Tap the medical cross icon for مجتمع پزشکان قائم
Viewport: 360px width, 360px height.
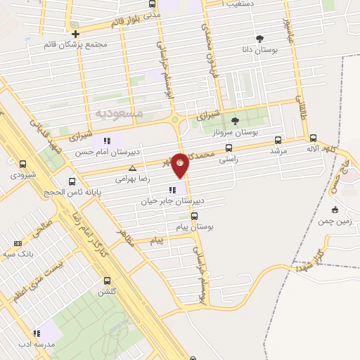[75, 33]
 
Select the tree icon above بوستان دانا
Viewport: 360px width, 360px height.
[261, 39]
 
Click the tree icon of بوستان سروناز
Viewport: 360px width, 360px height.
[235, 120]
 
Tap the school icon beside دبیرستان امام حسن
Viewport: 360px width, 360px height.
[106, 141]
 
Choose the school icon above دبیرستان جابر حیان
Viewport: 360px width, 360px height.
[172, 190]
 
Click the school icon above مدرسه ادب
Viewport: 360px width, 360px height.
[35, 333]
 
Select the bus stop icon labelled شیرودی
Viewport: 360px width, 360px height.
[22, 165]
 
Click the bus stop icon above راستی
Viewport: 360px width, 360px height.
[229, 148]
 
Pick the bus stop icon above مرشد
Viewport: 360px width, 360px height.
[278, 140]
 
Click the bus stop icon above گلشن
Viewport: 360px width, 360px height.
[106, 280]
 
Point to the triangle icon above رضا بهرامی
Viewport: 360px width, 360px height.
[134, 168]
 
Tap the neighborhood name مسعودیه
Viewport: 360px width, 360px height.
[119, 112]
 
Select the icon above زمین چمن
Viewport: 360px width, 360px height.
[335, 209]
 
